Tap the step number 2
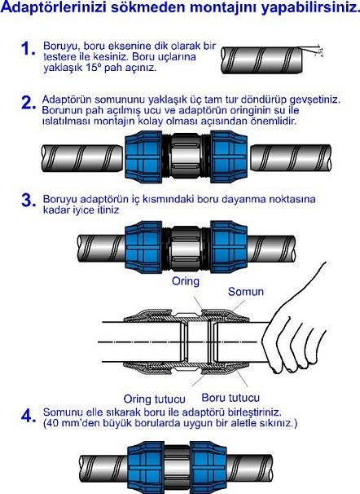[28, 104]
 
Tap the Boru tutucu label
[227, 399]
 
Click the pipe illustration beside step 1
[269, 60]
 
